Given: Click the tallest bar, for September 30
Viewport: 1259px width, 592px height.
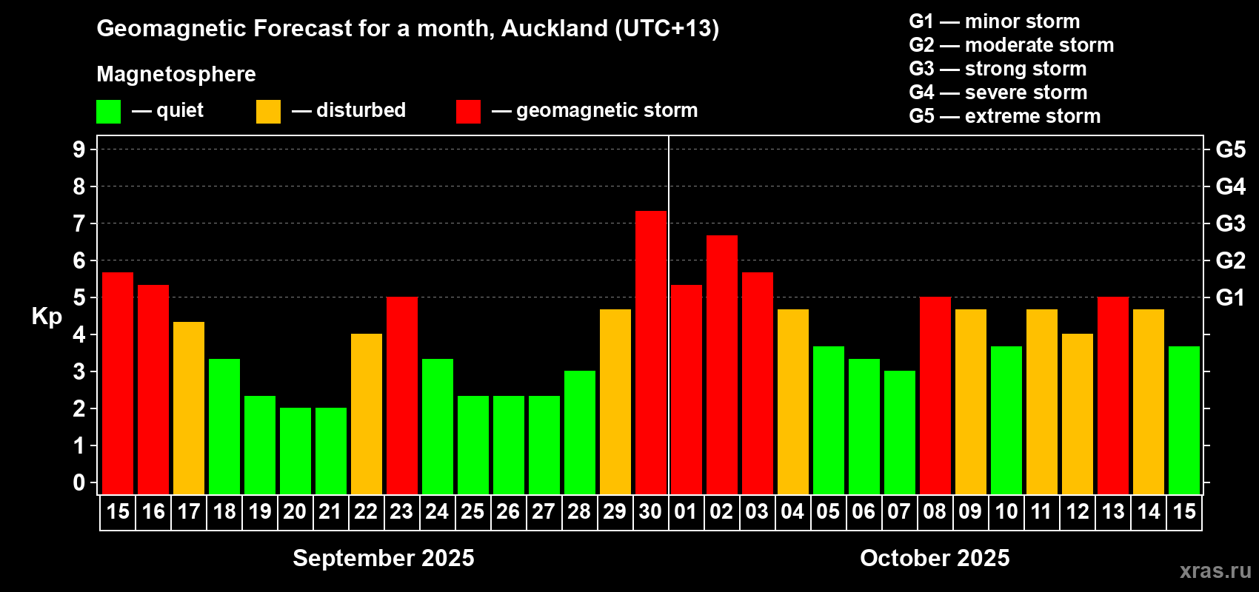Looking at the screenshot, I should [x=651, y=352].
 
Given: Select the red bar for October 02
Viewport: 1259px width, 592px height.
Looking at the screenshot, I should [x=722, y=364].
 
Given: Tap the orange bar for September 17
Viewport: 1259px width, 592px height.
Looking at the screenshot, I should [x=189, y=408].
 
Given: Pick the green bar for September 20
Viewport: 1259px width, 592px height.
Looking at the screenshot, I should [x=295, y=451].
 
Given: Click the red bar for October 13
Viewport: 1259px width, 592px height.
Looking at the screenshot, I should [x=1113, y=395].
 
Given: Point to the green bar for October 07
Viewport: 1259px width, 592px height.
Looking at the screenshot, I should [x=900, y=432].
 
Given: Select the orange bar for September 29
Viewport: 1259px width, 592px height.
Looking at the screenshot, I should [x=615, y=401].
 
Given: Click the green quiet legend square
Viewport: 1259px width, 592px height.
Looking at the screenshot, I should [x=109, y=112].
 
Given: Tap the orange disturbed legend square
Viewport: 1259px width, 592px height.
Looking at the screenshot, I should [x=268, y=112].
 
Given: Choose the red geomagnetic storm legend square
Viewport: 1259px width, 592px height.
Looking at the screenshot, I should [x=468, y=112].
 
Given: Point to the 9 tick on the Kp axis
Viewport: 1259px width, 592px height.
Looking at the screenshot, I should [x=79, y=149].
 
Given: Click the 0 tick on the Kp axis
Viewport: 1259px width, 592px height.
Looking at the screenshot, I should [x=79, y=482].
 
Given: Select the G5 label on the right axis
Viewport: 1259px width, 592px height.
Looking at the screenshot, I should [x=1230, y=149].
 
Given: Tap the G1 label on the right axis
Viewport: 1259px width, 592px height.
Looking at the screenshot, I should [x=1230, y=297].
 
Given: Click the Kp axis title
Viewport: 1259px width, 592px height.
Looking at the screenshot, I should [x=47, y=317].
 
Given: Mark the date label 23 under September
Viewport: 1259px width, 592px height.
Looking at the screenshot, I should [x=401, y=511].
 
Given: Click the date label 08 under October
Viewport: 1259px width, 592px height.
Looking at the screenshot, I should [x=935, y=511].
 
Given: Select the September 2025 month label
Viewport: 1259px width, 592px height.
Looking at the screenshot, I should [x=384, y=558].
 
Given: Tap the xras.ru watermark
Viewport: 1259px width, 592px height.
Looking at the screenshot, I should [x=1215, y=571].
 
